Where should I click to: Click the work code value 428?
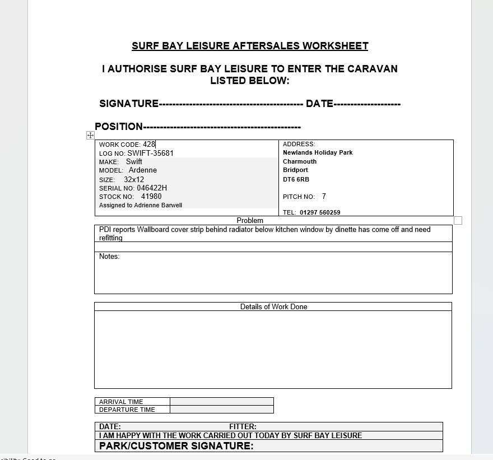(149, 145)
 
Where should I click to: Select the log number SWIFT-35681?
(150, 153)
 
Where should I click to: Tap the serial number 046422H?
(152, 188)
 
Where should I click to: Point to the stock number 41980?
(151, 197)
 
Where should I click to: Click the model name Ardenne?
(143, 170)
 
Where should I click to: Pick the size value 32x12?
(134, 180)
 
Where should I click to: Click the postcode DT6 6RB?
(296, 179)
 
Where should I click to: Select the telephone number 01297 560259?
(320, 212)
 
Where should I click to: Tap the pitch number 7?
(324, 197)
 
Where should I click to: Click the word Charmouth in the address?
(300, 161)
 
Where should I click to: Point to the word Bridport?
(295, 170)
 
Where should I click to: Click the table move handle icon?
(90, 135)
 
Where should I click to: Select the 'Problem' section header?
(250, 221)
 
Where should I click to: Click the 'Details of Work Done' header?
(273, 306)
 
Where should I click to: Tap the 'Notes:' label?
(109, 257)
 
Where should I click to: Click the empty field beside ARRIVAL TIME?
(221, 401)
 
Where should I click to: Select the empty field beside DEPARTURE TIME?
(221, 410)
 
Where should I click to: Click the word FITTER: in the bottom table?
(243, 426)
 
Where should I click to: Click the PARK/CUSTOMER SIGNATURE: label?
(176, 446)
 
